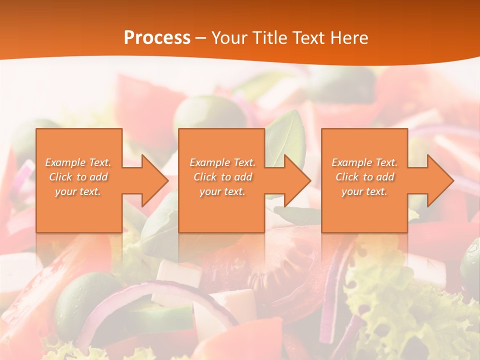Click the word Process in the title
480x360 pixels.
coord(157,38)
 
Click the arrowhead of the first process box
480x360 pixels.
coord(154,180)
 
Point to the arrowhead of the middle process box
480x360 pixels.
coord(297,180)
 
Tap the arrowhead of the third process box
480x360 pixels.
coord(440,180)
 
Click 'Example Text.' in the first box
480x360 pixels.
coord(78,162)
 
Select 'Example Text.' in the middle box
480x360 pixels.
coord(222,162)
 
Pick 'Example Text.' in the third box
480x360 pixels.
coord(364,162)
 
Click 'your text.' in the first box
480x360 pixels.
coord(78,191)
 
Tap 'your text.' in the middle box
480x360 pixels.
coord(222,191)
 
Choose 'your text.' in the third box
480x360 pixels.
coord(364,191)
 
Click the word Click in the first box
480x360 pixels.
coord(61,177)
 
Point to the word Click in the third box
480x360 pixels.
coord(348,177)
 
